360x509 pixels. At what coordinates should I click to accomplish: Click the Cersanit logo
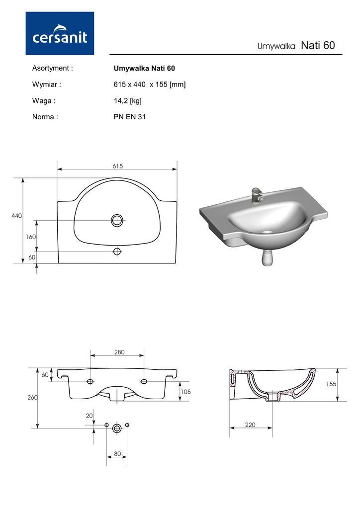tap(60, 33)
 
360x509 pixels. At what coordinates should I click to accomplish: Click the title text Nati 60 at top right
tap(318, 45)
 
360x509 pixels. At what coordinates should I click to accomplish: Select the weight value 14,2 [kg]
tap(128, 100)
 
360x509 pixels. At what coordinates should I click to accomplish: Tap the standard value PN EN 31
tap(129, 117)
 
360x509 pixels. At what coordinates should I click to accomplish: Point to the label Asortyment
tap(52, 68)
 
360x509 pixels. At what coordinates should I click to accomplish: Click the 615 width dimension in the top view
tap(117, 166)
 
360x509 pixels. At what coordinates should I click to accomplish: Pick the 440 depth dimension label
tap(16, 216)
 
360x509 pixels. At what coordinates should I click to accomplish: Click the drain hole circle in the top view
tap(117, 220)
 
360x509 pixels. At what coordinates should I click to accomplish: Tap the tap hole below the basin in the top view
tap(117, 251)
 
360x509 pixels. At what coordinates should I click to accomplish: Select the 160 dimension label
tap(31, 237)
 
